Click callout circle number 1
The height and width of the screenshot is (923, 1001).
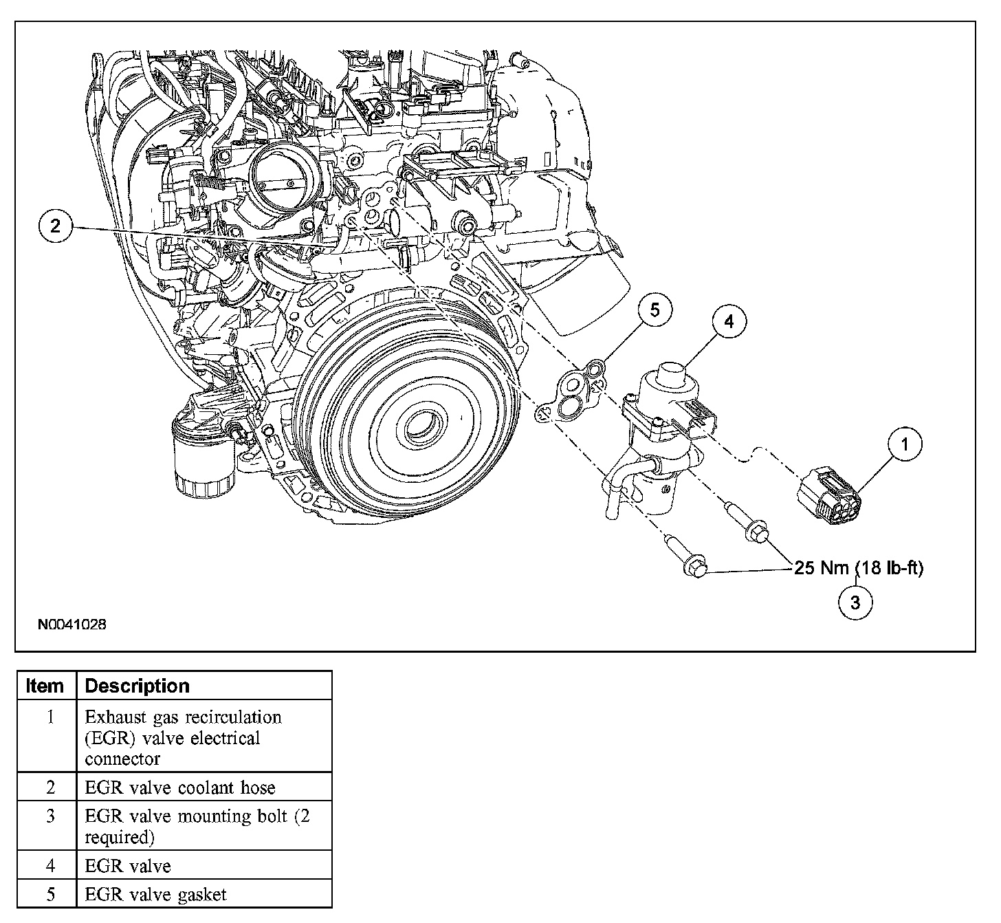[x=904, y=445]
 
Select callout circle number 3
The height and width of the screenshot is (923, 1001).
[x=855, y=602]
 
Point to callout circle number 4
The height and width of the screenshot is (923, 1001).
[x=729, y=321]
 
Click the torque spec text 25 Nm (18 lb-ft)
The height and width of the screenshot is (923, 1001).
[x=859, y=568]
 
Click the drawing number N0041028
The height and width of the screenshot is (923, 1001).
[x=71, y=625]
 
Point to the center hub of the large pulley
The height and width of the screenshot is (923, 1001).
[x=417, y=426]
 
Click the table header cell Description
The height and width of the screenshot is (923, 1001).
[x=137, y=686]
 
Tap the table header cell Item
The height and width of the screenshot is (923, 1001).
[x=45, y=686]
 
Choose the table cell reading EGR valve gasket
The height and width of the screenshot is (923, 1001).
[x=155, y=894]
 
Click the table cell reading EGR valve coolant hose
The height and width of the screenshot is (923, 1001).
[x=179, y=788]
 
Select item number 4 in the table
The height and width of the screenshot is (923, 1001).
[x=49, y=865]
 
